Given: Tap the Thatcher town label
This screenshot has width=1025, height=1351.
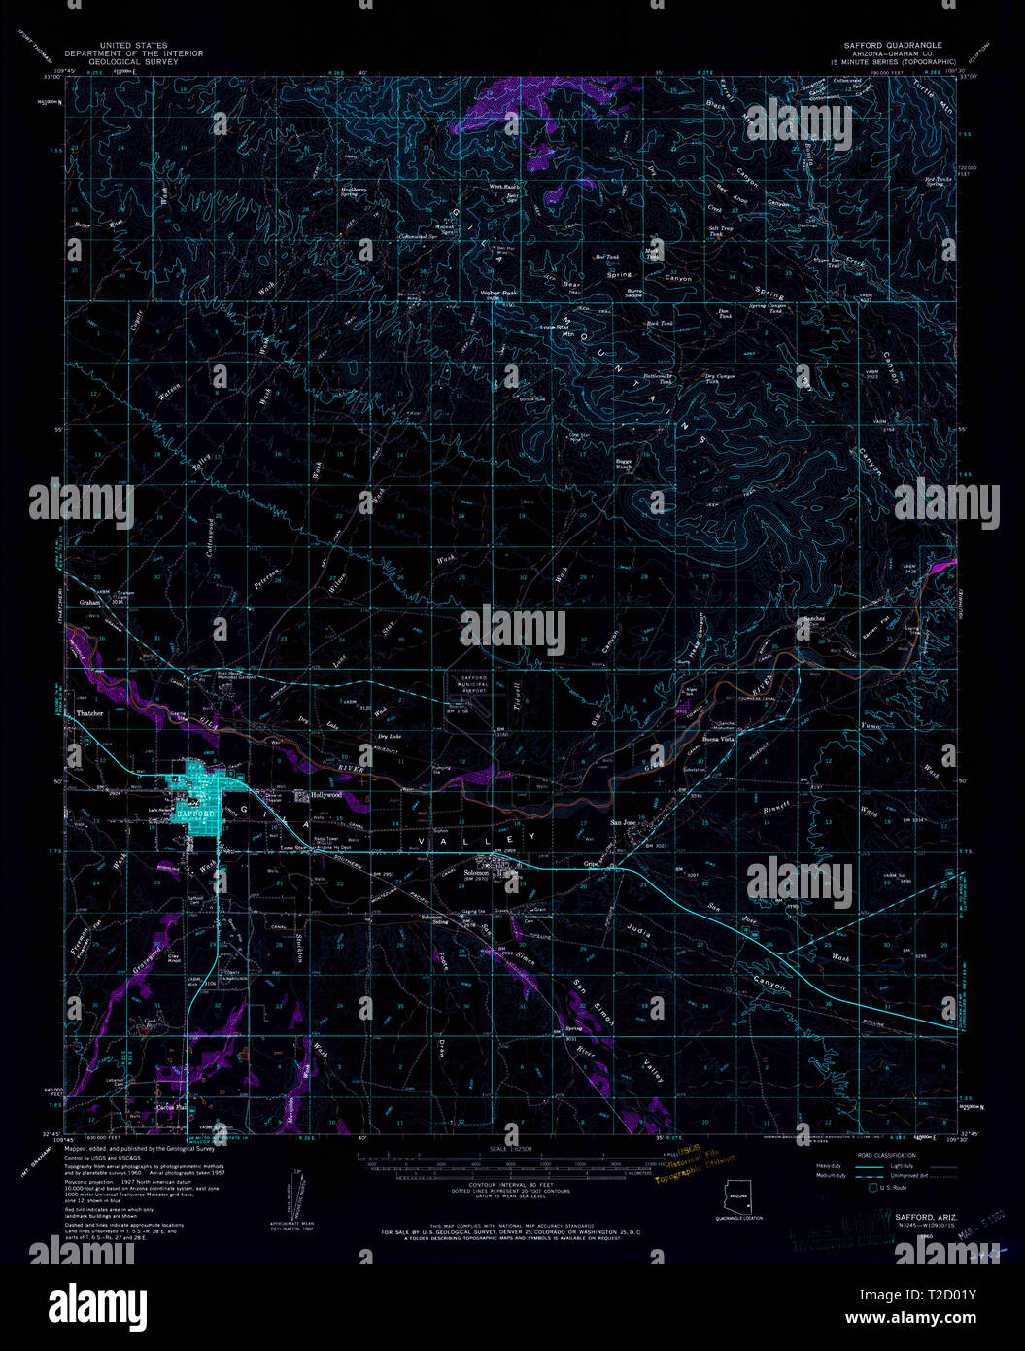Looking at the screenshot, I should pos(89,713).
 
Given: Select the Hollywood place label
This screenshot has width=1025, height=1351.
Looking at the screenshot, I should pos(326,795).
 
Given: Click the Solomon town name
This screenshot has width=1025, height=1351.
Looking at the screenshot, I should pos(476,873).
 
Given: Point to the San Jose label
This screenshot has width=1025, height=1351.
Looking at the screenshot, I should pos(623,823).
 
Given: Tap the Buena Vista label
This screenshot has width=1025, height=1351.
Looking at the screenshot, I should pos(719,739).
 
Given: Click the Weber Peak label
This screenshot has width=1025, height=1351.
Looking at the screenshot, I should pos(498,293).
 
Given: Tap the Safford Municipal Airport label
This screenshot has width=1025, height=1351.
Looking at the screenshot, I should pos(473,679).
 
